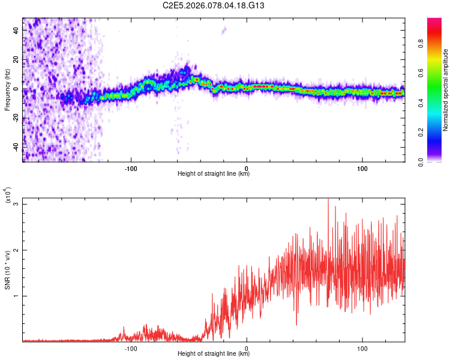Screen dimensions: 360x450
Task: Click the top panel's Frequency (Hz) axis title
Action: coord(7,90)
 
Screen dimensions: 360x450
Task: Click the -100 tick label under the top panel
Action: coord(131,167)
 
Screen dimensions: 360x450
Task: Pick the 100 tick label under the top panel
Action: coord(362,167)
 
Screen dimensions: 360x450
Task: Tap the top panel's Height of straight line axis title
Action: coord(214,174)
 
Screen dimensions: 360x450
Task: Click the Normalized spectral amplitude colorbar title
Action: coord(446,90)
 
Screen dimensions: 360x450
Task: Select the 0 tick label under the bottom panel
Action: coord(247,347)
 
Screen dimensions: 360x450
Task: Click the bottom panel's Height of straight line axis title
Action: coord(214,354)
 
